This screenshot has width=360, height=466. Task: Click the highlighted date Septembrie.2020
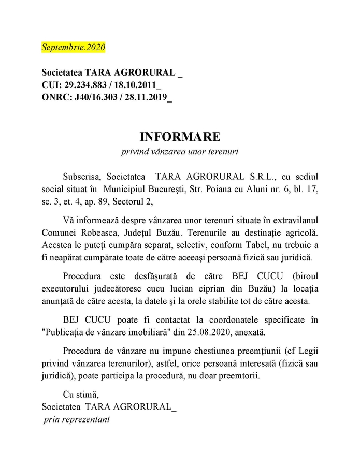pos(74,47)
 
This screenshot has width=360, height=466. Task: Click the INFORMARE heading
pos(180,137)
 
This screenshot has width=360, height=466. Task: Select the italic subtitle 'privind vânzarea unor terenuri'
pos(180,152)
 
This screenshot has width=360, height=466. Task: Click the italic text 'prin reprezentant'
pos(77,419)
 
